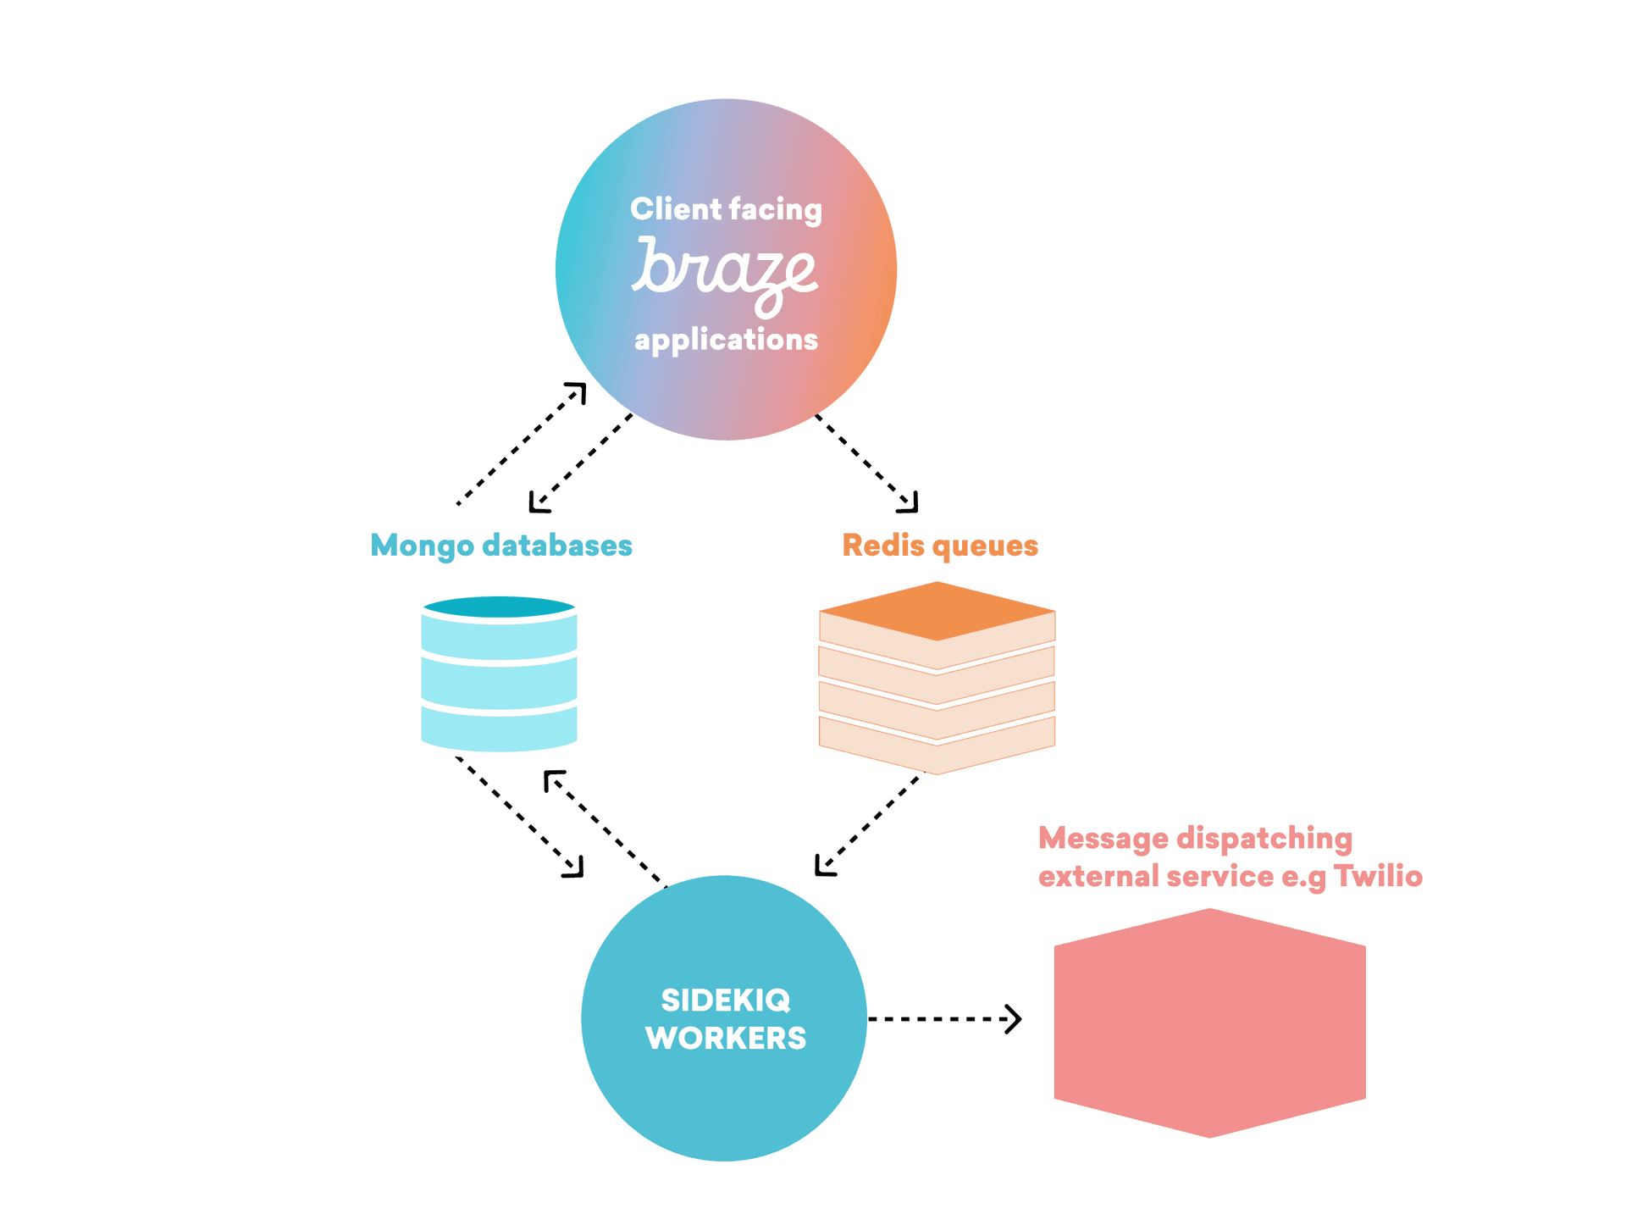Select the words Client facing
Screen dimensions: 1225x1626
(726, 209)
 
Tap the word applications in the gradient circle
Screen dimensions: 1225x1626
(726, 340)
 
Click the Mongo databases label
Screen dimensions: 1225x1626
(501, 546)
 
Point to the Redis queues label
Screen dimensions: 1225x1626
(940, 546)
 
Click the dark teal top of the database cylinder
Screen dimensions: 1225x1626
(499, 607)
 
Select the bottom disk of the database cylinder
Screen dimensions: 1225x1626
(499, 729)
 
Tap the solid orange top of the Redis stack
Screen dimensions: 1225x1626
(937, 610)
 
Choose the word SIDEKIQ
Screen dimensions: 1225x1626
(726, 1001)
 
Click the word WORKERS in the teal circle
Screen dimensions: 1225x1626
(726, 1039)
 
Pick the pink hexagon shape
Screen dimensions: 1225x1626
(1209, 1023)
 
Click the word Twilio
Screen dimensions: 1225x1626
(1378, 876)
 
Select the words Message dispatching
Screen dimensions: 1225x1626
(1195, 838)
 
